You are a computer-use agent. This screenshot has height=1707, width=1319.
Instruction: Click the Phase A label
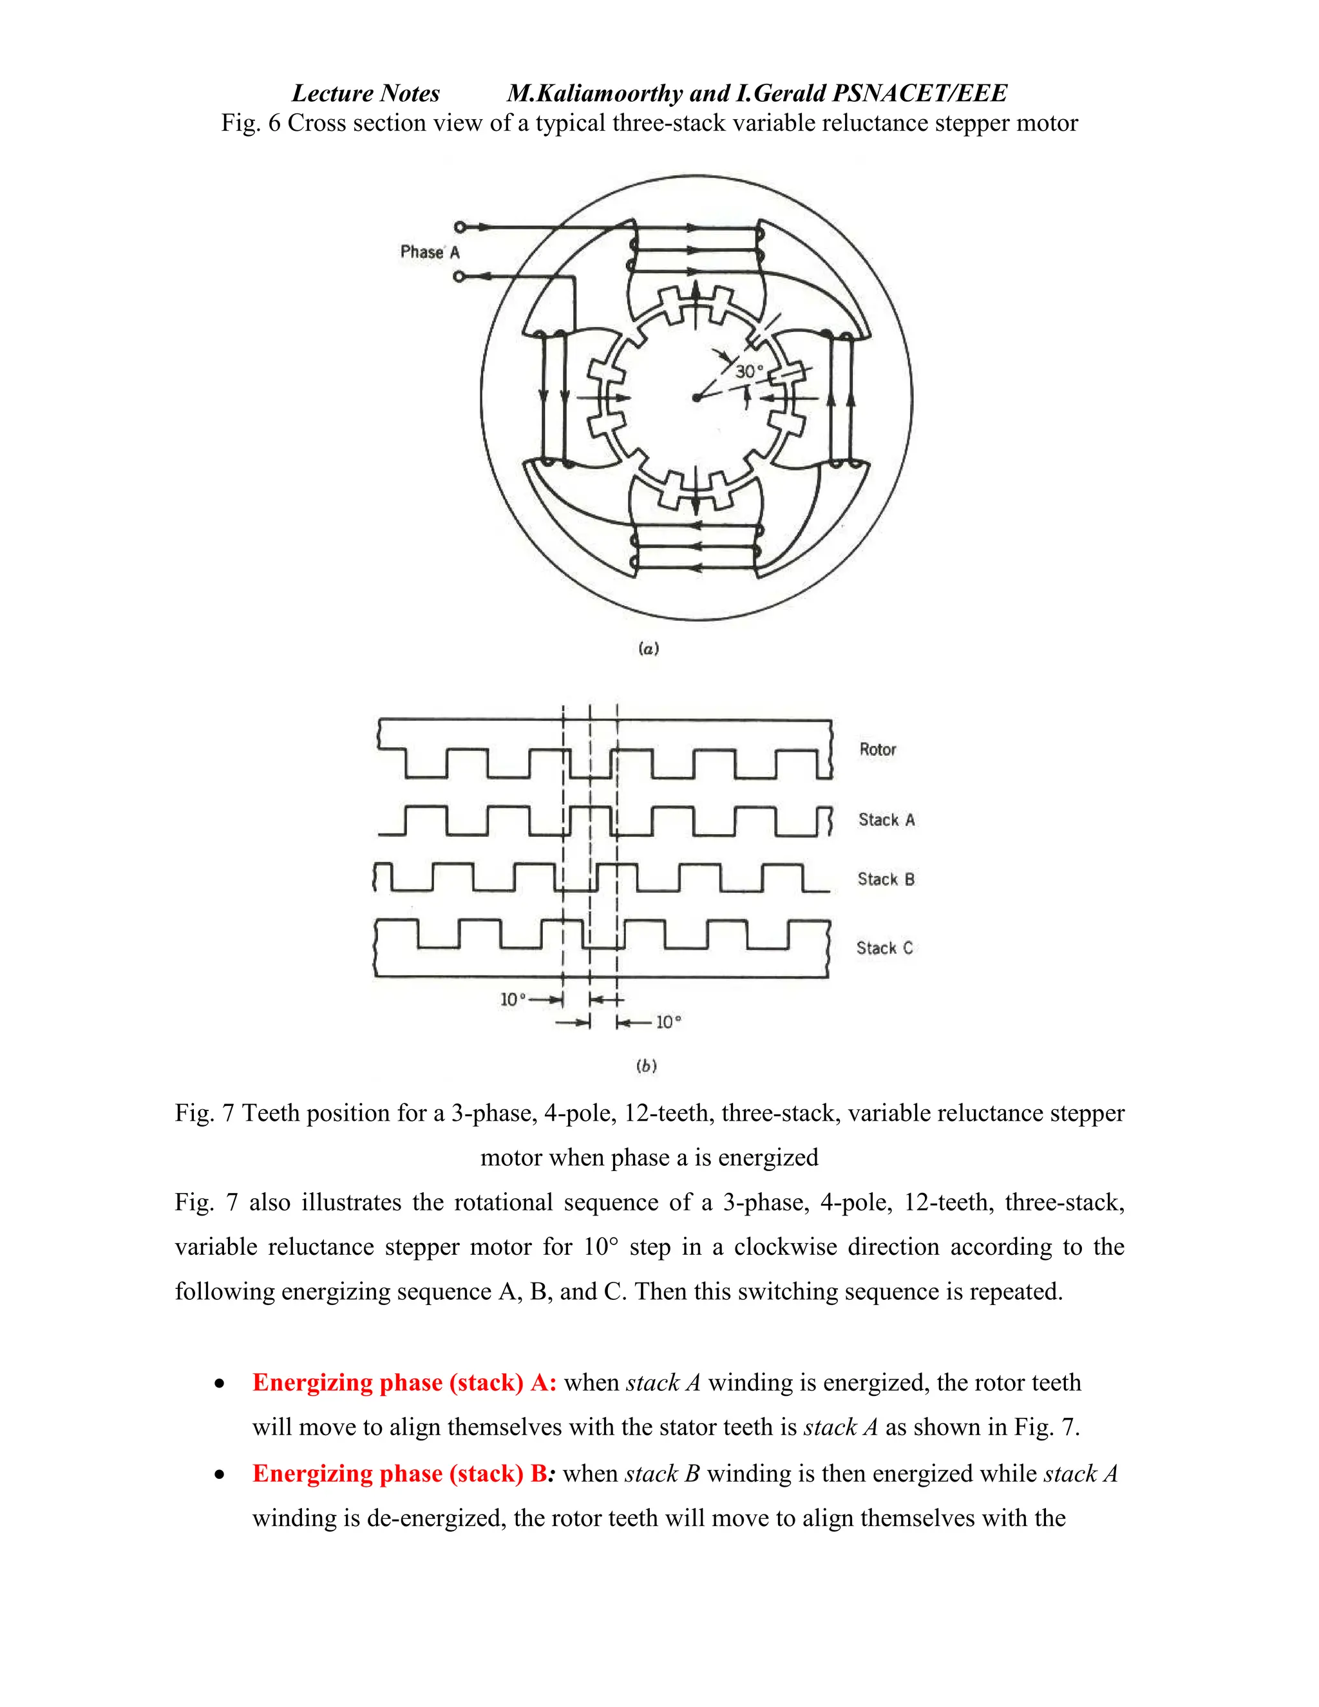click(x=430, y=252)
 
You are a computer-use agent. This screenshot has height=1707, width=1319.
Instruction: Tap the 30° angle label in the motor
click(x=748, y=371)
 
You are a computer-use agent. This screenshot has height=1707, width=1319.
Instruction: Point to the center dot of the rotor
click(x=696, y=398)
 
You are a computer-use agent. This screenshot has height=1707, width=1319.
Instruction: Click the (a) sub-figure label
click(x=649, y=648)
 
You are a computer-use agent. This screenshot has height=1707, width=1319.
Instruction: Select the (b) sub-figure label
click(x=646, y=1065)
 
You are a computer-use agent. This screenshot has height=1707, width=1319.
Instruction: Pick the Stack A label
click(x=886, y=819)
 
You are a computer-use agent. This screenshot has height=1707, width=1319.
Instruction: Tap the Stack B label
click(x=886, y=879)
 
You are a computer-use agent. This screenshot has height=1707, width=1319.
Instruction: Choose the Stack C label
click(x=884, y=948)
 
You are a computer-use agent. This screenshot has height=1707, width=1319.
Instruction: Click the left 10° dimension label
click(x=513, y=999)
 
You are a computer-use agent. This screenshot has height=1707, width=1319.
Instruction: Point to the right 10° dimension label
click(x=668, y=1022)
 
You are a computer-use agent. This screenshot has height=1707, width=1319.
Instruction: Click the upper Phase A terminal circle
click(x=459, y=227)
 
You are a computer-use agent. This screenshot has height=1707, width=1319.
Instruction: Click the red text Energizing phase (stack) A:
click(x=404, y=1382)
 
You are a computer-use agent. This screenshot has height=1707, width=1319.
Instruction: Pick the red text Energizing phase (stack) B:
click(x=404, y=1473)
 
